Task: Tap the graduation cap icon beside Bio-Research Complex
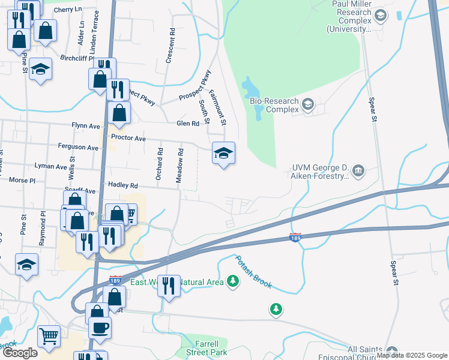pyautogui.click(x=308, y=105)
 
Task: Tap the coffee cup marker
pyautogui.click(x=100, y=328)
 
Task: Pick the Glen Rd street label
pyautogui.click(x=187, y=124)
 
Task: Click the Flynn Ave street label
pyautogui.click(x=86, y=127)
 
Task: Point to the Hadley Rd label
pyautogui.click(x=122, y=186)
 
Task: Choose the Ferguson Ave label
pyautogui.click(x=77, y=148)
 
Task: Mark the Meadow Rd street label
pyautogui.click(x=179, y=166)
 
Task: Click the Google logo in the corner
pyautogui.click(x=19, y=352)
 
